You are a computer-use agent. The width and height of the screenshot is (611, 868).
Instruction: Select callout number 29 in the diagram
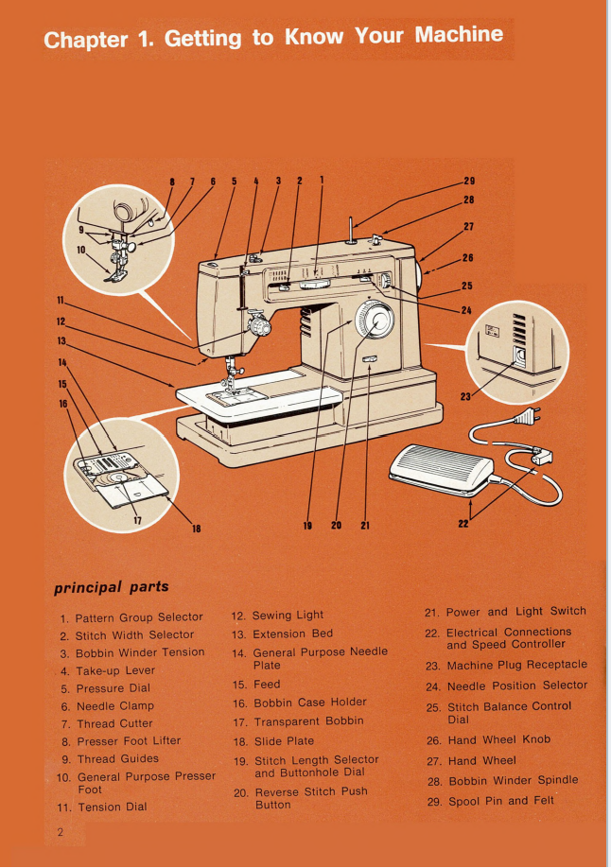pyautogui.click(x=468, y=180)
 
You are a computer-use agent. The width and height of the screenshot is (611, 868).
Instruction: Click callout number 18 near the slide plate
pyautogui.click(x=197, y=529)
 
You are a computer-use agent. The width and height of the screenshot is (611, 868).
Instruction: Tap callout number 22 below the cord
pyautogui.click(x=463, y=528)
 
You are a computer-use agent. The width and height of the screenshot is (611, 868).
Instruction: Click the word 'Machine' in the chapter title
pyautogui.click(x=459, y=36)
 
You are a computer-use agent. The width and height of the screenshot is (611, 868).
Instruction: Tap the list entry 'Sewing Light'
pyautogui.click(x=288, y=615)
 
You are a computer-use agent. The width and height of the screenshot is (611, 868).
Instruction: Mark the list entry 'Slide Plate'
pyautogui.click(x=284, y=740)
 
